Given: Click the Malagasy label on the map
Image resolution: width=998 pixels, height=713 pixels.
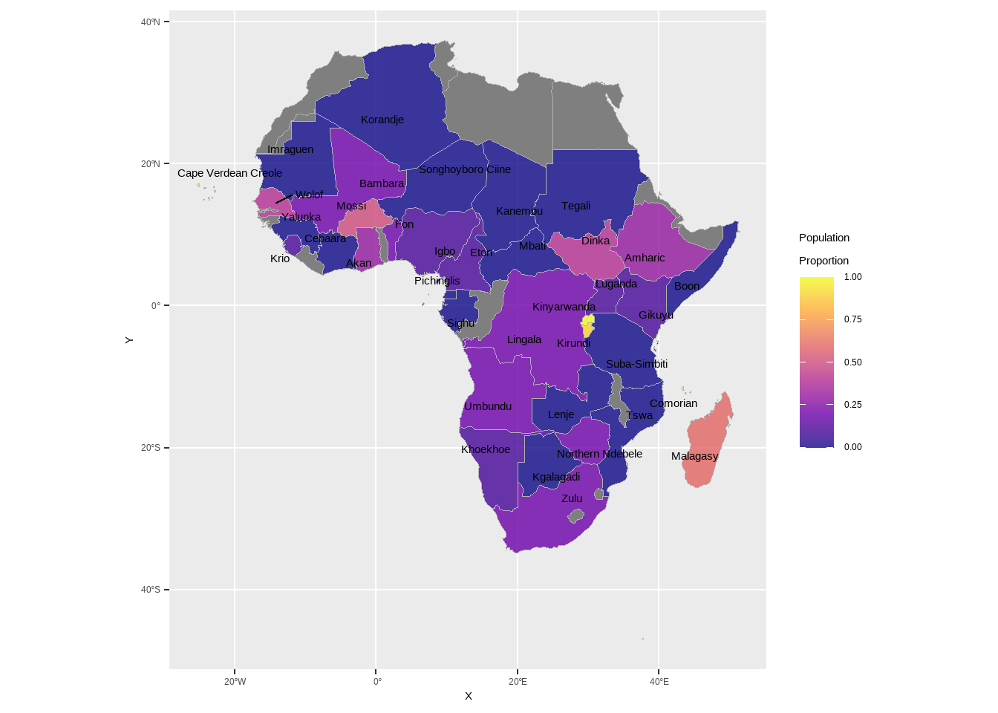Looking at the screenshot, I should click(694, 456).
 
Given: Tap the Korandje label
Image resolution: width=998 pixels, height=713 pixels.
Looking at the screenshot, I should click(382, 120).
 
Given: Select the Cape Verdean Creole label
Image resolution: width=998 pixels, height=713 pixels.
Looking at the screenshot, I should click(229, 173).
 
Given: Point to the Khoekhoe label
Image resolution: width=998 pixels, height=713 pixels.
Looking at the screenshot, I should click(486, 449).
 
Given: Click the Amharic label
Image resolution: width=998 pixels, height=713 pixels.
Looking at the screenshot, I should click(645, 258).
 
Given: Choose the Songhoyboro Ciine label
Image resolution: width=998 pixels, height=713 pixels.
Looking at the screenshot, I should click(465, 169).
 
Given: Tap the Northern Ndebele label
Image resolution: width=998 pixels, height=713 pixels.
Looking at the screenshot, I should click(599, 454).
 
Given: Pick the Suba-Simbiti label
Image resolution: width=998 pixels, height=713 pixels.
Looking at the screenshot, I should click(636, 364).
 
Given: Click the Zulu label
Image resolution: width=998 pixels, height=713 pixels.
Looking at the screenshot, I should click(572, 498).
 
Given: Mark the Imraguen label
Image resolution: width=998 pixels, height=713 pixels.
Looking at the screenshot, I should click(290, 149).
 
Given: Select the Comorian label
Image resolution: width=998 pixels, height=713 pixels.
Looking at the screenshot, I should click(674, 403).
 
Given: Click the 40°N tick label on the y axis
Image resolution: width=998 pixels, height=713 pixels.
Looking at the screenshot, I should click(151, 22).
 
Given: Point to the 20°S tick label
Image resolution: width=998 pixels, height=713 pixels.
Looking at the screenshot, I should click(151, 448).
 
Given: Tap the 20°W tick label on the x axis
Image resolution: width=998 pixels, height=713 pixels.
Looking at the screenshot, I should click(235, 682).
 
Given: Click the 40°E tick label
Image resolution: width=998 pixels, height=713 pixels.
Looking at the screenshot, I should click(659, 682).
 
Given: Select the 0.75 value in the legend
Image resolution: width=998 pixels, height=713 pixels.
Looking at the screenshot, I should click(852, 319).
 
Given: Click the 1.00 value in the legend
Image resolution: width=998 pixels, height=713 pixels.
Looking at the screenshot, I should click(852, 277).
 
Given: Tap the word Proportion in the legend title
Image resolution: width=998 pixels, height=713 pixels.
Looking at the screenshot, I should click(823, 261).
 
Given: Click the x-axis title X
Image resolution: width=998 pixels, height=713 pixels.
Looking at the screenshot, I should click(468, 696).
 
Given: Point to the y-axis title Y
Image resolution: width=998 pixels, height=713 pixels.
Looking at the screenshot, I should click(129, 340).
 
